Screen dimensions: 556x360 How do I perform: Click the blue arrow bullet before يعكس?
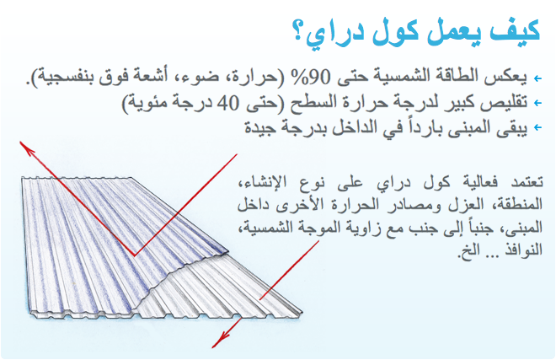[x=538, y=78]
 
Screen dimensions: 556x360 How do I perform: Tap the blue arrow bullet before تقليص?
[x=538, y=103]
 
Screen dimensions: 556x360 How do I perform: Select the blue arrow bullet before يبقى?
[x=538, y=127]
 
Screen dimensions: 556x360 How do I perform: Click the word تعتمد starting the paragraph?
[x=527, y=182]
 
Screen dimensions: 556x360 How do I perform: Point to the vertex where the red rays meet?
[x=135, y=255]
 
